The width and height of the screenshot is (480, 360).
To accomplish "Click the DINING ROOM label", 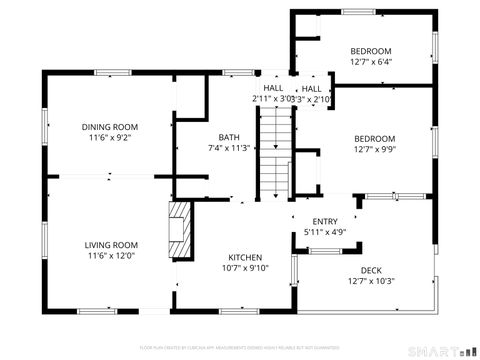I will pos(110,127).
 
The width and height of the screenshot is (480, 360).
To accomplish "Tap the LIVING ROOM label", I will pos(110,245).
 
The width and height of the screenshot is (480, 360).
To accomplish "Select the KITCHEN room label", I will pos(245,256).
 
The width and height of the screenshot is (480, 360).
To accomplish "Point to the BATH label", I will pos(229,137).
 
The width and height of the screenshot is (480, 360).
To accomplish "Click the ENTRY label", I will pos(325,222).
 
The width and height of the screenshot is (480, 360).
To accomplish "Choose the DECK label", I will pos(371,270).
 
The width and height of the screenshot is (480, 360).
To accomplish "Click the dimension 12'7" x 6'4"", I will pos(371,61).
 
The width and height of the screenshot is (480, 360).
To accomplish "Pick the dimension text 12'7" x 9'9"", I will pos(374,150).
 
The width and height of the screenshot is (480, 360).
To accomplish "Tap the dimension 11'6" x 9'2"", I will pos(110,138).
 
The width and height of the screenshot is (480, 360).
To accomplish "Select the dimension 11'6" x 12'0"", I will pos(110,256).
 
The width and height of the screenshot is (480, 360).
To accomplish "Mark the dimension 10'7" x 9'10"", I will pos(245,267).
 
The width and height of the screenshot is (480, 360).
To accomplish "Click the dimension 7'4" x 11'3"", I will pos(229,148).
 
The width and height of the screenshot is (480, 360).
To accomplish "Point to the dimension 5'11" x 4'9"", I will pos(325,233).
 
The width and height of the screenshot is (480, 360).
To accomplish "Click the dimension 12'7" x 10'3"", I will pos(371,281).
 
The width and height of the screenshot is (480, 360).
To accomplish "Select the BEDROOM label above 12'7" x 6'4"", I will pos(371,51).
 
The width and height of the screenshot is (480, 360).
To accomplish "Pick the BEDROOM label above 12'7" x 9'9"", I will pos(374,139).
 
